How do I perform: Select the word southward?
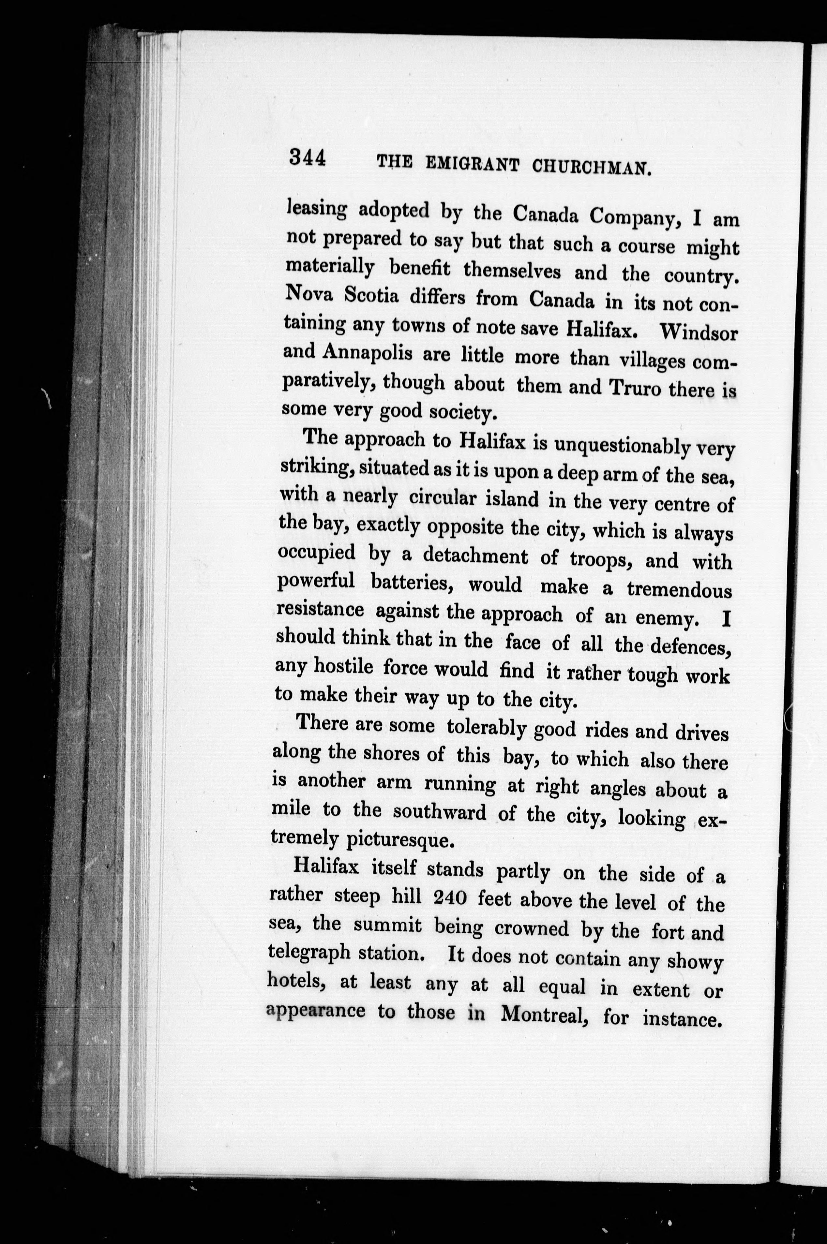click(x=440, y=812)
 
